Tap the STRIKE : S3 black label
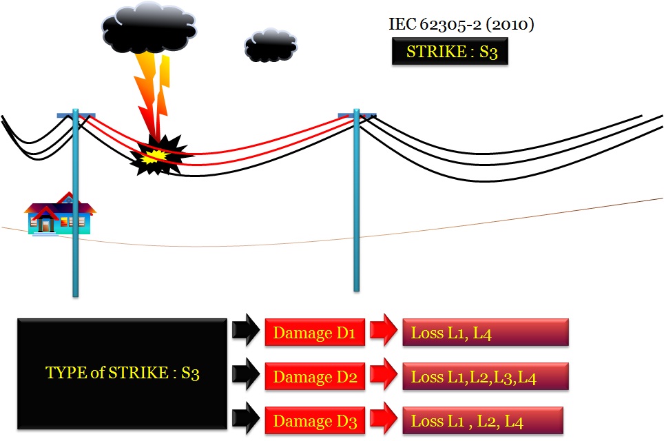coord(450,52)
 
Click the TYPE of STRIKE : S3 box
coord(122,373)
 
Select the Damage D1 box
coord(313,333)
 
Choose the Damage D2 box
coord(313,377)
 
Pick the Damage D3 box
coord(313,420)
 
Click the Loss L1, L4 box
coord(485,333)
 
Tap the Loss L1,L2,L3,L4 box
coord(485,377)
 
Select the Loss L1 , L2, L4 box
coord(482,420)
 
